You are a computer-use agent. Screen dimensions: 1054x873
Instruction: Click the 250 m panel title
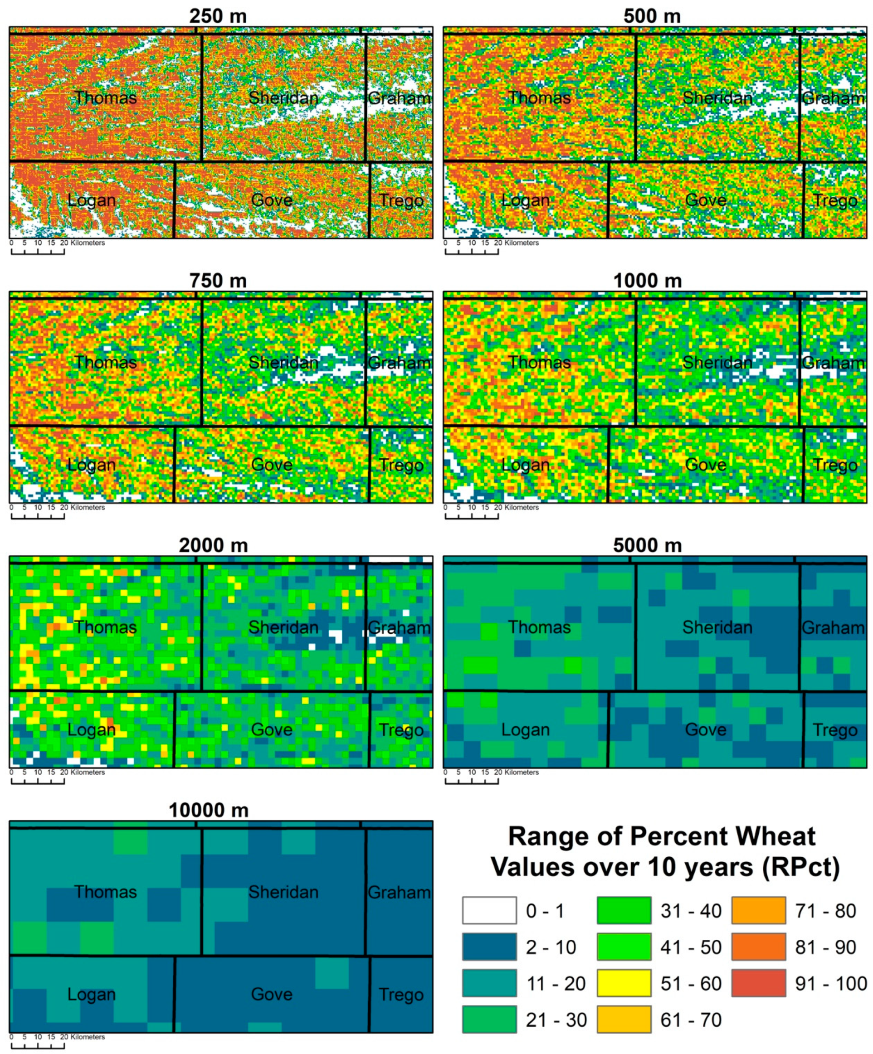pos(218,17)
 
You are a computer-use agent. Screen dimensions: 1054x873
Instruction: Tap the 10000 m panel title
pos(208,811)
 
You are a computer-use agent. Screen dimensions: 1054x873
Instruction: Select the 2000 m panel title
pos(213,545)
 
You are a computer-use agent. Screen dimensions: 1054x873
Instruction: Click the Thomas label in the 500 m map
pos(539,97)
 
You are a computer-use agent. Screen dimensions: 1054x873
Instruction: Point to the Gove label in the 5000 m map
pos(705,729)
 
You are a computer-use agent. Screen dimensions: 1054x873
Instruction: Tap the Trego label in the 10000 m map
pos(400,994)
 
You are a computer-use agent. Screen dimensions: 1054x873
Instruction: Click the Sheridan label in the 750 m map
pos(283,362)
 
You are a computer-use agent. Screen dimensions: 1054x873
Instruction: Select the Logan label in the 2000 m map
pos(91,730)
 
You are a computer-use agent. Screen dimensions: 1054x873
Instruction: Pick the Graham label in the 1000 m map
pos(834,362)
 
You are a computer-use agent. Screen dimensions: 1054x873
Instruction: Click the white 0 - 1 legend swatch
pos(489,910)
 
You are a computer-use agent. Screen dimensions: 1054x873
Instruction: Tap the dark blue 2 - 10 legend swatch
pos(489,947)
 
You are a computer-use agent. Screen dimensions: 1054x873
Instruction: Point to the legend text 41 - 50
pos(691,947)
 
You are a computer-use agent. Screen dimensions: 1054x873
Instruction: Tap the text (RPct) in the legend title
pos(800,867)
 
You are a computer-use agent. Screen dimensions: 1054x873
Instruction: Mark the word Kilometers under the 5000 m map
pos(521,772)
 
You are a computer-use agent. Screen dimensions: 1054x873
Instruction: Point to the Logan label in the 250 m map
pos(91,200)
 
